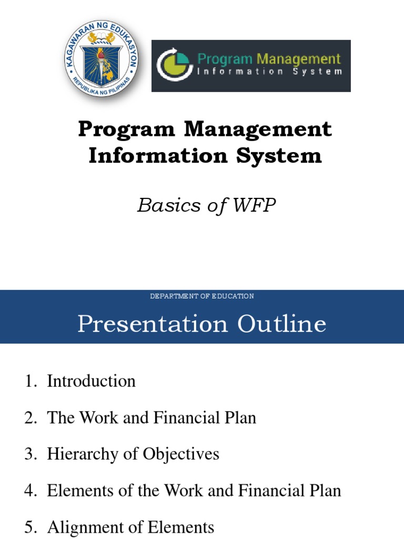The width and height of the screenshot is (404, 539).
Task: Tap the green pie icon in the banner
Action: tap(172, 66)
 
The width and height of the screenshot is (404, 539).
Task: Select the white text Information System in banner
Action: tap(269, 72)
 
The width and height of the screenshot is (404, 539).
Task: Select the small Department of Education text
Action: tap(202, 296)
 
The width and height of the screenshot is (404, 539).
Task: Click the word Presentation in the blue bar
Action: tap(153, 324)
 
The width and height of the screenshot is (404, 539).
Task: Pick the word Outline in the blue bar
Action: tap(282, 324)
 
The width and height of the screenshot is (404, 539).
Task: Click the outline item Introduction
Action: tap(91, 381)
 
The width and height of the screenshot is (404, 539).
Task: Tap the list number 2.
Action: tap(29, 418)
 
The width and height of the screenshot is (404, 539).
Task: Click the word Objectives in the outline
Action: tap(182, 454)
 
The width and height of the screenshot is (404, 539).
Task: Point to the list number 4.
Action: tap(29, 491)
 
